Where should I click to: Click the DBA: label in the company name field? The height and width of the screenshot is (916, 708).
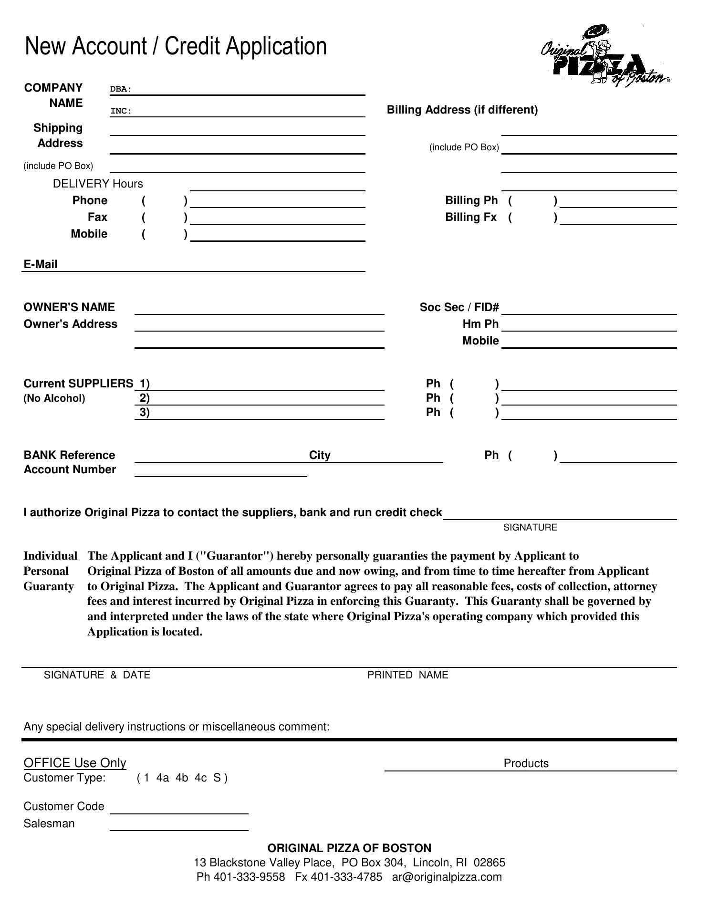click(x=121, y=89)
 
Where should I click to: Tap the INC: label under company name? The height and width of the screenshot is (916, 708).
click(x=121, y=111)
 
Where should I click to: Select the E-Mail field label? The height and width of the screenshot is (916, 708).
click(x=41, y=265)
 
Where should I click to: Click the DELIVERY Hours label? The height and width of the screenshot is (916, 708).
click(x=98, y=184)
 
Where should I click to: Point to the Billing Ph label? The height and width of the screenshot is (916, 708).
click(x=471, y=201)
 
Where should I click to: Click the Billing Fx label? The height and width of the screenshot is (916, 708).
click(x=471, y=218)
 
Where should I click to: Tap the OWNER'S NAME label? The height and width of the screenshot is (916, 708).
click(x=69, y=307)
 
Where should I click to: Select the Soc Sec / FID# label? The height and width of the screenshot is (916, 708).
click(x=459, y=307)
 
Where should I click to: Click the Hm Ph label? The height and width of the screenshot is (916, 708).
click(x=480, y=324)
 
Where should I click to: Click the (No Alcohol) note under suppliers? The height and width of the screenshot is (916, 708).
click(x=54, y=398)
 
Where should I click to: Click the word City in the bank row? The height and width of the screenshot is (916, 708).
click(x=320, y=455)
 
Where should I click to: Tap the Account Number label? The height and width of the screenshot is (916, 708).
click(x=70, y=470)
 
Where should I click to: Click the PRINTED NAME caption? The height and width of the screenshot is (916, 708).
click(x=408, y=675)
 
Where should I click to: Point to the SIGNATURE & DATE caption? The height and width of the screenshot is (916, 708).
click(x=97, y=675)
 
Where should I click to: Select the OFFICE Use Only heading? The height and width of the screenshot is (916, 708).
click(x=75, y=763)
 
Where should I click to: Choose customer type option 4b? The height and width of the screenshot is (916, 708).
click(x=182, y=778)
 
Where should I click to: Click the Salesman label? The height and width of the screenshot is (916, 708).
click(x=49, y=824)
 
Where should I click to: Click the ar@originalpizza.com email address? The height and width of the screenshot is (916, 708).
click(x=447, y=877)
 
